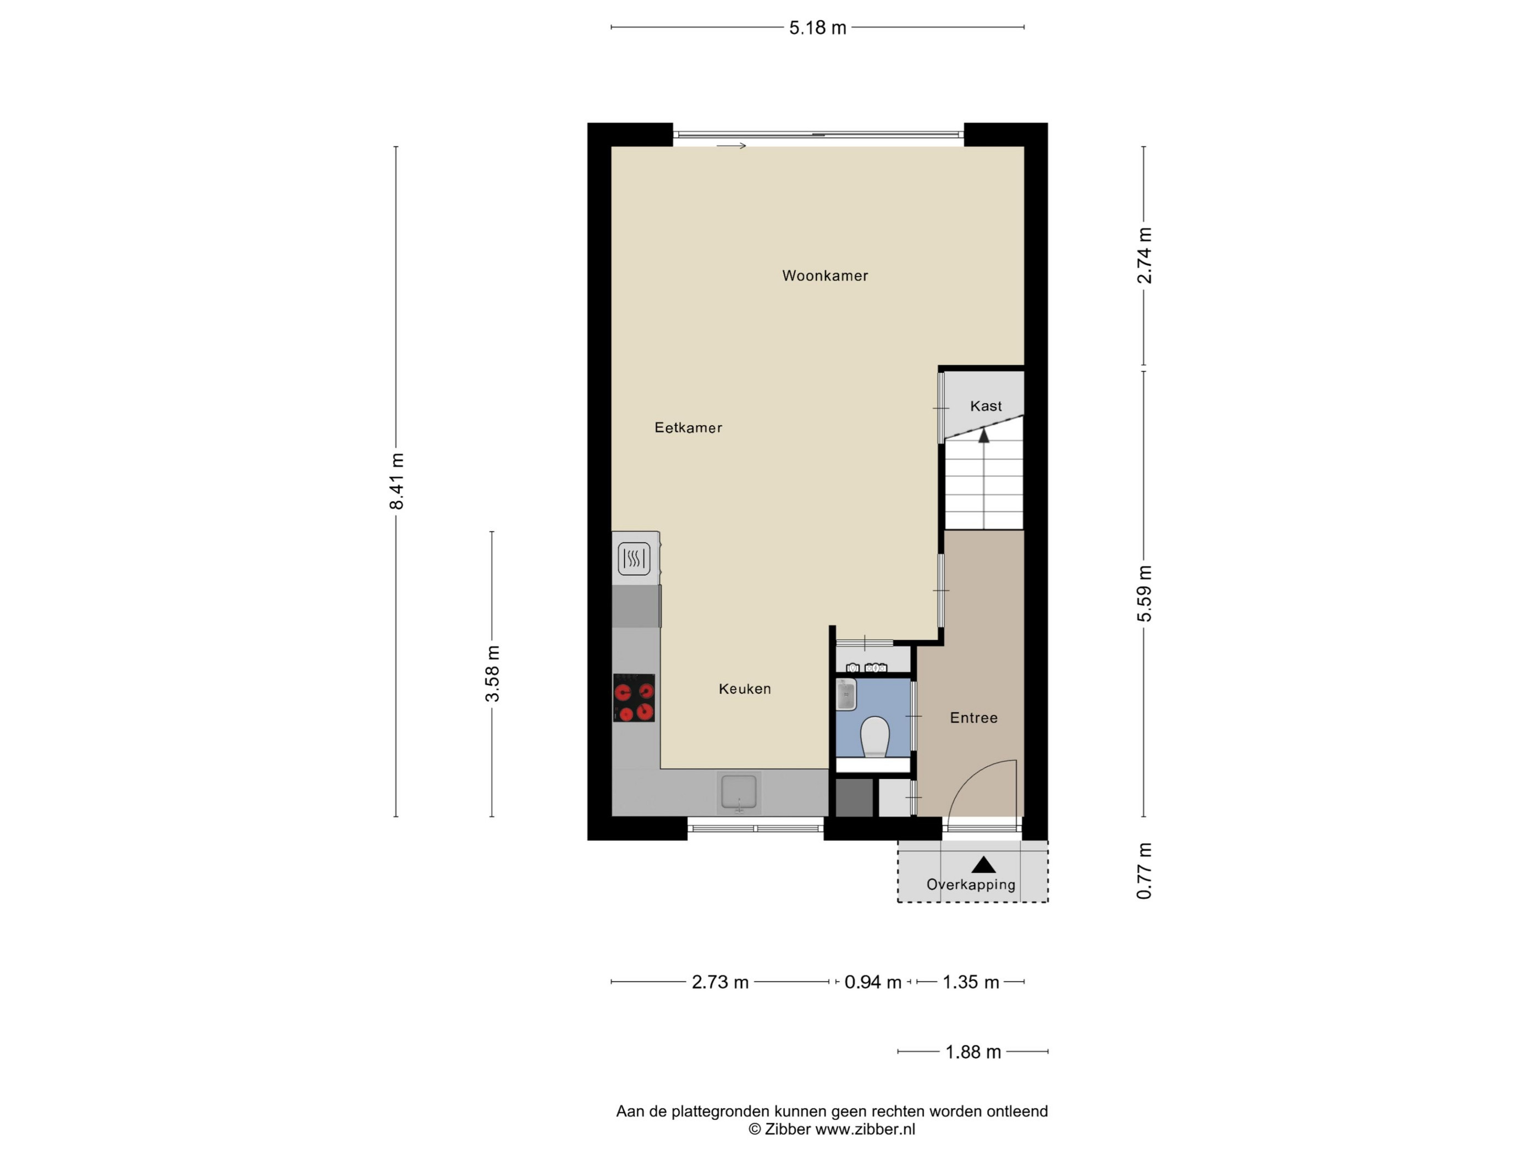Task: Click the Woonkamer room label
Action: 825,276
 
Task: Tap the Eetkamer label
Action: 689,427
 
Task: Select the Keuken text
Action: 745,689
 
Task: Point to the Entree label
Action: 974,718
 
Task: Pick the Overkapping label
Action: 971,884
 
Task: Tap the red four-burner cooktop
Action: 634,697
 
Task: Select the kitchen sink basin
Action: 739,793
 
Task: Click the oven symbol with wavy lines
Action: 634,558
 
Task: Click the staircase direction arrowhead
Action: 984,436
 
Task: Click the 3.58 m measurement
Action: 492,674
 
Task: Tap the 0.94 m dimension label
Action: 873,982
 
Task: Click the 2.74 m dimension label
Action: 1144,256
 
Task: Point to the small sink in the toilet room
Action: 846,695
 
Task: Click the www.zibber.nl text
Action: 865,1130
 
